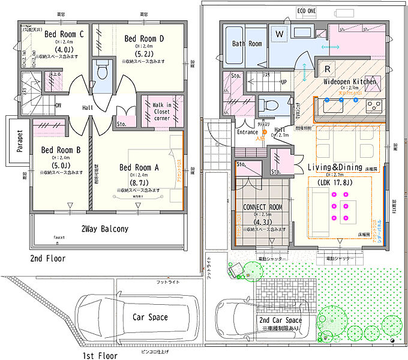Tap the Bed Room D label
[145, 38]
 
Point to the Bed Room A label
[139, 167]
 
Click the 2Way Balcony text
[104, 229]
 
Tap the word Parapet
[19, 142]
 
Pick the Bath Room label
[247, 44]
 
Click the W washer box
[280, 35]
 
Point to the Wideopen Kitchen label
[350, 81]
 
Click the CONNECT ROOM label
[262, 207]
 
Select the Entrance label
[247, 132]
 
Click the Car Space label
[149, 317]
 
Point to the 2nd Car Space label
[281, 321]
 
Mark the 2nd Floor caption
[48, 259]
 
